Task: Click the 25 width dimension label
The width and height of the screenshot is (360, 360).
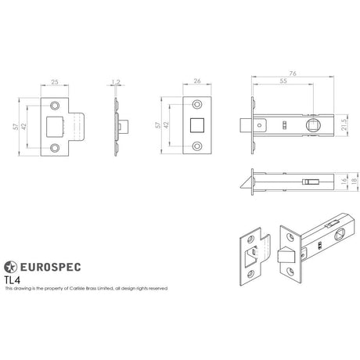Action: coord(56,81)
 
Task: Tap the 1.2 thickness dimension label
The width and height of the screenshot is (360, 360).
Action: coord(117,81)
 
